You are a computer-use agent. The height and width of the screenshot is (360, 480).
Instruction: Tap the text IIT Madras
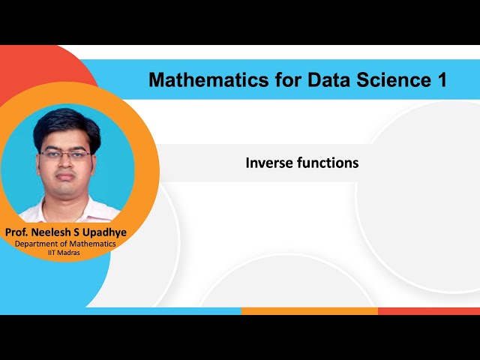(x=66, y=253)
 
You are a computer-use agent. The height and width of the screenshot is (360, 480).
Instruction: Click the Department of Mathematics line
(x=66, y=244)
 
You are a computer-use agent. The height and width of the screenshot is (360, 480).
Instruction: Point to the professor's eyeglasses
(x=66, y=154)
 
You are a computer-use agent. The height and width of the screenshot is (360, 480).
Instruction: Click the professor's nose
(x=66, y=165)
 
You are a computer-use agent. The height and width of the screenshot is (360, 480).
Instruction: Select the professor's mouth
(x=67, y=180)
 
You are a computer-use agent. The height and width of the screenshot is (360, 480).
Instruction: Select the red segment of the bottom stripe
(x=428, y=310)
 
